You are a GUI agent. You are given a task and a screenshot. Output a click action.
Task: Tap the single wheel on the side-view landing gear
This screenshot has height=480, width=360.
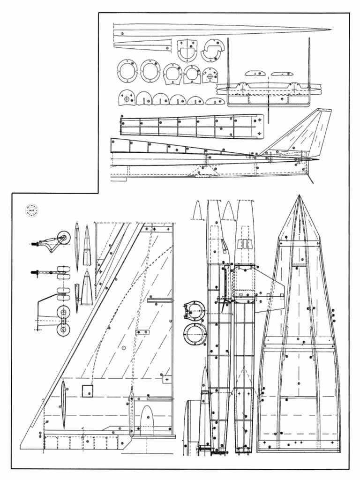click(x=60, y=238)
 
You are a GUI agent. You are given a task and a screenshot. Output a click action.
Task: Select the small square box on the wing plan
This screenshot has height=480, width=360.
click(x=87, y=390)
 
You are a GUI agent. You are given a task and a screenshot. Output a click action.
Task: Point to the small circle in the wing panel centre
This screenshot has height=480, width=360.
click(x=124, y=347)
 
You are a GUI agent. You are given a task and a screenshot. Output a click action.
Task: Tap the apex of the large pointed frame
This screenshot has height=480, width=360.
click(x=299, y=196)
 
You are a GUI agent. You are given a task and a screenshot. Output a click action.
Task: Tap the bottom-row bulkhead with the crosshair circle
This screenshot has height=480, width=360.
click(x=127, y=97)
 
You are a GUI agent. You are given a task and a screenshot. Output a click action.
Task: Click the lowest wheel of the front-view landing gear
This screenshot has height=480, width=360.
click(x=63, y=330)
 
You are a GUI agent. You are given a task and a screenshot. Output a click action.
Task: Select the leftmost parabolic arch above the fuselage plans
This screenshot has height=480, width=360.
click(x=197, y=210)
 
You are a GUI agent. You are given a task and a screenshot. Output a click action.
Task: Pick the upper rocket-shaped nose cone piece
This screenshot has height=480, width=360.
click(x=87, y=242)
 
